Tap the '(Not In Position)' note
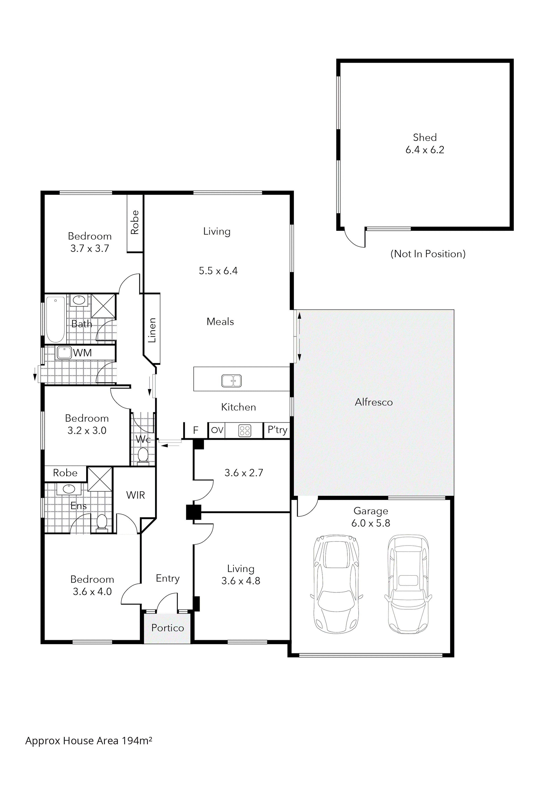(428, 254)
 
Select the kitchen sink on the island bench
(231, 381)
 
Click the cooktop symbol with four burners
(245, 431)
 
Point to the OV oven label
(217, 430)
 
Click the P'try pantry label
(277, 430)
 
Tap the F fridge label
(196, 430)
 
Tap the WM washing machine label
(82, 353)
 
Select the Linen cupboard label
(152, 330)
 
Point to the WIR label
(135, 495)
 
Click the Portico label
(168, 628)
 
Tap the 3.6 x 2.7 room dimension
(244, 473)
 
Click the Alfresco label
(374, 402)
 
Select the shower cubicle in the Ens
(100, 479)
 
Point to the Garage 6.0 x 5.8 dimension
(371, 523)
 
